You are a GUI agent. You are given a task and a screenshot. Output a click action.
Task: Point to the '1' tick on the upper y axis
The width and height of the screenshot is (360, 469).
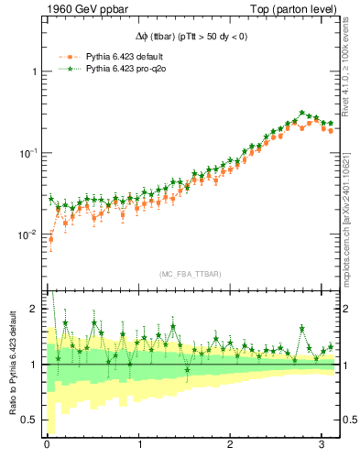[x=34, y=71]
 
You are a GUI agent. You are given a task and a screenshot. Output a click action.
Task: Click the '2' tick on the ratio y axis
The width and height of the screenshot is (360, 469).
[x=34, y=309]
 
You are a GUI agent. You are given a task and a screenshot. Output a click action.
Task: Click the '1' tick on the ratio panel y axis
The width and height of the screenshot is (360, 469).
[x=34, y=365]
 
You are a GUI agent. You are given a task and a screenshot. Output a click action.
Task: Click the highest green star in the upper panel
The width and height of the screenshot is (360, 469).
[x=302, y=113]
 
